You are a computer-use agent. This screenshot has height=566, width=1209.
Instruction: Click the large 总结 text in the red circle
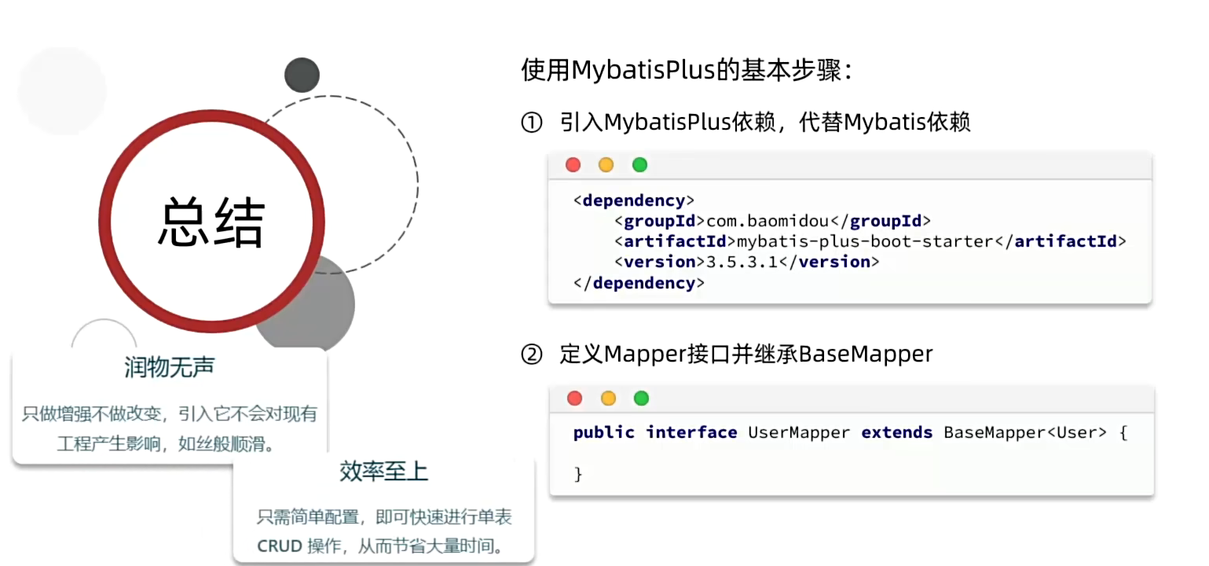[x=212, y=222]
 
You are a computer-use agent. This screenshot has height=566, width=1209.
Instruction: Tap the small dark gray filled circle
[x=302, y=75]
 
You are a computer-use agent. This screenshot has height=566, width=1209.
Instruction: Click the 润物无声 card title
[x=169, y=367]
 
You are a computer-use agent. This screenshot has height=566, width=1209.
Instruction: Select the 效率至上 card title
[x=383, y=472]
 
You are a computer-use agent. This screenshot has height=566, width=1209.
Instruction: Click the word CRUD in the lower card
[x=280, y=546]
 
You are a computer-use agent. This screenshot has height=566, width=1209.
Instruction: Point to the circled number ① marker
[x=532, y=123]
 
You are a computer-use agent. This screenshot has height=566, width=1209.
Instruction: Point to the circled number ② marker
[x=532, y=355]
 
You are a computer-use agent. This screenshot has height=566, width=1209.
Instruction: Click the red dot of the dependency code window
[x=573, y=165]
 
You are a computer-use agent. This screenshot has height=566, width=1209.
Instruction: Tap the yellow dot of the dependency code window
[x=606, y=165]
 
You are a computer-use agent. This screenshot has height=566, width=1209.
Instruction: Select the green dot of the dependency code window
[x=639, y=165]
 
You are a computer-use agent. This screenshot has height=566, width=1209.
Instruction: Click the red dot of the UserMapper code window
[x=574, y=399]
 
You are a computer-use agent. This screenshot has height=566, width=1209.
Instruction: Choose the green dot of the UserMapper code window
[x=641, y=399]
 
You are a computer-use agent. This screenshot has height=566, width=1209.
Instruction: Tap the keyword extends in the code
[x=896, y=432]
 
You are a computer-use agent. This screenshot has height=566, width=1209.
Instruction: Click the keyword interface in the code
[x=691, y=432]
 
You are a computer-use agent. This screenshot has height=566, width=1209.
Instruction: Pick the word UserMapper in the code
[x=799, y=432]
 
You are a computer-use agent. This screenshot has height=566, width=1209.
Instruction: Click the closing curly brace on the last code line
[x=578, y=474]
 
